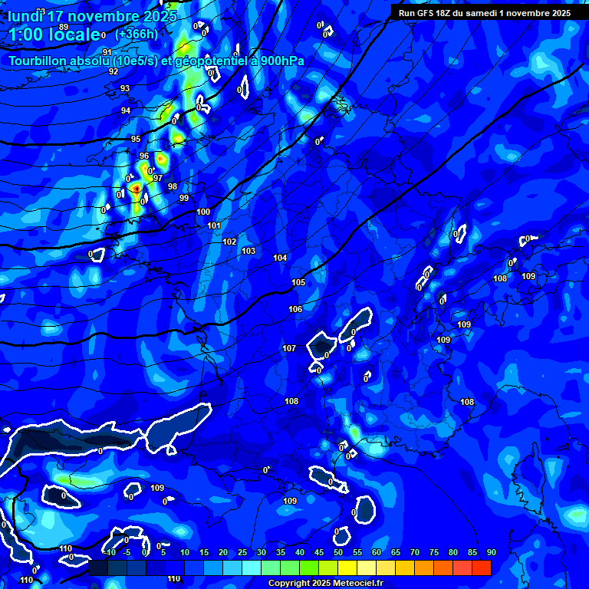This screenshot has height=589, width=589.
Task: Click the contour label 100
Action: coord(203,212)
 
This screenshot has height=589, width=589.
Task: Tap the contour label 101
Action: coord(214,225)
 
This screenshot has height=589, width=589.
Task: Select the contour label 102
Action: coord(229,242)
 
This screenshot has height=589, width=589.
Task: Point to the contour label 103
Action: coord(248,251)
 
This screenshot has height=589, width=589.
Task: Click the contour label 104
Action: coord(280,258)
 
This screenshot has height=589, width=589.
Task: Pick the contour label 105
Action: coord(298,282)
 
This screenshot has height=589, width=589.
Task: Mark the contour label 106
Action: coord(295,309)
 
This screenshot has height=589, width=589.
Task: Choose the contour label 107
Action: coord(289,348)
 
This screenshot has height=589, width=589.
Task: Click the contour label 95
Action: coord(136,139)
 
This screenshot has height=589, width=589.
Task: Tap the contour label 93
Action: coord(125,88)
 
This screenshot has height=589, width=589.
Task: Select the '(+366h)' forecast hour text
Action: coord(137,34)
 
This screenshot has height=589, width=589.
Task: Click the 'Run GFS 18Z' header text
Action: coord(430,13)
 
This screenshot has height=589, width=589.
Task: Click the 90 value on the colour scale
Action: coord(491,553)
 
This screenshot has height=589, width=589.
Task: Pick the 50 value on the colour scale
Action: coord(338,553)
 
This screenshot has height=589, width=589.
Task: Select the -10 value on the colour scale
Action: coord(110,553)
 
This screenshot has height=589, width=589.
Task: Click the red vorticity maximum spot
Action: coord(136,187)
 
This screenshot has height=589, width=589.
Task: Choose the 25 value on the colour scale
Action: coord(242,553)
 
